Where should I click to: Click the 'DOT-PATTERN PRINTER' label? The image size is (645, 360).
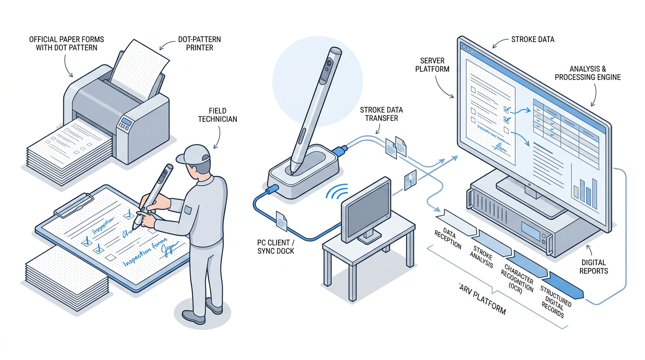pos(200,43)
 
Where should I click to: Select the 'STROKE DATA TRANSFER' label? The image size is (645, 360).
pos(381,114)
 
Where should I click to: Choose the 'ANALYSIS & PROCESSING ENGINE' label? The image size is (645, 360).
pos(587,73)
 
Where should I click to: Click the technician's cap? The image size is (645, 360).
pos(194,154)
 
